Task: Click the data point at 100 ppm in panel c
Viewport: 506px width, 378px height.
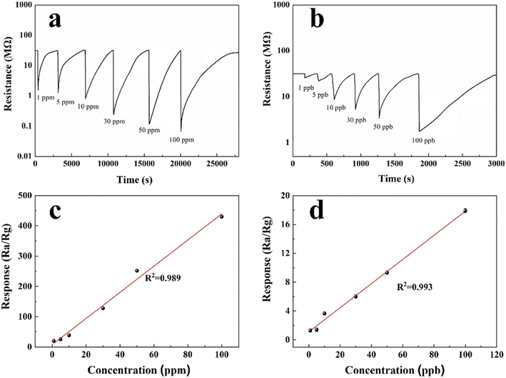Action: click(x=222, y=217)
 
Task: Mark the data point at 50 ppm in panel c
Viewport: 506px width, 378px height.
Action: click(x=137, y=271)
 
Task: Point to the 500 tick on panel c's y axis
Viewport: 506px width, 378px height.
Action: click(x=26, y=195)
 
